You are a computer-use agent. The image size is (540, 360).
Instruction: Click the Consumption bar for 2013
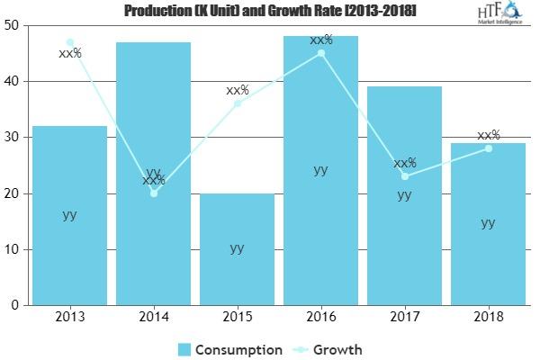tap(69, 216)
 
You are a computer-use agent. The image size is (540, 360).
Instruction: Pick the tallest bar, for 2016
tap(320, 171)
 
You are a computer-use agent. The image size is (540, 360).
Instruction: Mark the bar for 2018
tap(488, 224)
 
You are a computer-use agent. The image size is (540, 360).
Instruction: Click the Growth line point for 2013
tap(70, 42)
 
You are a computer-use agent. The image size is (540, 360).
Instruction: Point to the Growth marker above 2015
tap(238, 103)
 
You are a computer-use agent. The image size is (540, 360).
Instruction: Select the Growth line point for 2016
tap(321, 53)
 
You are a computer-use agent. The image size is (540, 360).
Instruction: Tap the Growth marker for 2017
tap(405, 176)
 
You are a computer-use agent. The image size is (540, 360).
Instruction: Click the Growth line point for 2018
tap(489, 148)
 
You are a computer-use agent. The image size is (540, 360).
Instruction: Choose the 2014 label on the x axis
tap(153, 317)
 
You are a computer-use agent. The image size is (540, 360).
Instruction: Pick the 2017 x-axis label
tap(404, 317)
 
